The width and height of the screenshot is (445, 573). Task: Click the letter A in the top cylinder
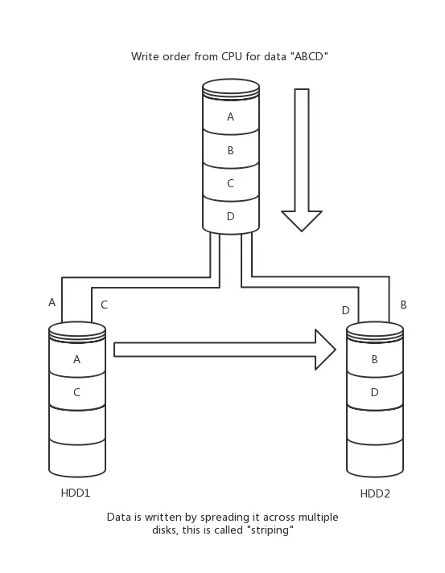(230, 117)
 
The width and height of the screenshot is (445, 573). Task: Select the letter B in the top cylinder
(231, 150)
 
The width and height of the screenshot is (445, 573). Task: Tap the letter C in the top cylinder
(230, 183)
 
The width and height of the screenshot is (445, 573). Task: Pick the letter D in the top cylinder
(231, 216)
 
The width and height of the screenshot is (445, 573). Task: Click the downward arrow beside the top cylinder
(302, 160)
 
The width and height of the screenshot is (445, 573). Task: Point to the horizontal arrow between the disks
(225, 350)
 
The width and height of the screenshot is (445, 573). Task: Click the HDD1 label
(76, 493)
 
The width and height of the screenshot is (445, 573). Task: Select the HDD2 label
(375, 493)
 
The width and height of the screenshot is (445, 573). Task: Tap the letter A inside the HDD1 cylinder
(76, 359)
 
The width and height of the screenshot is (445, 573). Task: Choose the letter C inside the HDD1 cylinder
(76, 392)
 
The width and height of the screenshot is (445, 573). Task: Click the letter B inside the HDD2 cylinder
(374, 359)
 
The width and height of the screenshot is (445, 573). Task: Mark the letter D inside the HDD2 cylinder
(374, 392)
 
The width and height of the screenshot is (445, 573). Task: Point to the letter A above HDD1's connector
(52, 303)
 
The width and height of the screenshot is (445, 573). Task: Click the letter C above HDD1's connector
(104, 305)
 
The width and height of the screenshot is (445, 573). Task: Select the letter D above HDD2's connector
(345, 310)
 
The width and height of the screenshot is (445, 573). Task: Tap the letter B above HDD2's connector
(404, 305)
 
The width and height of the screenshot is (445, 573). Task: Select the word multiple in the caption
(318, 518)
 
